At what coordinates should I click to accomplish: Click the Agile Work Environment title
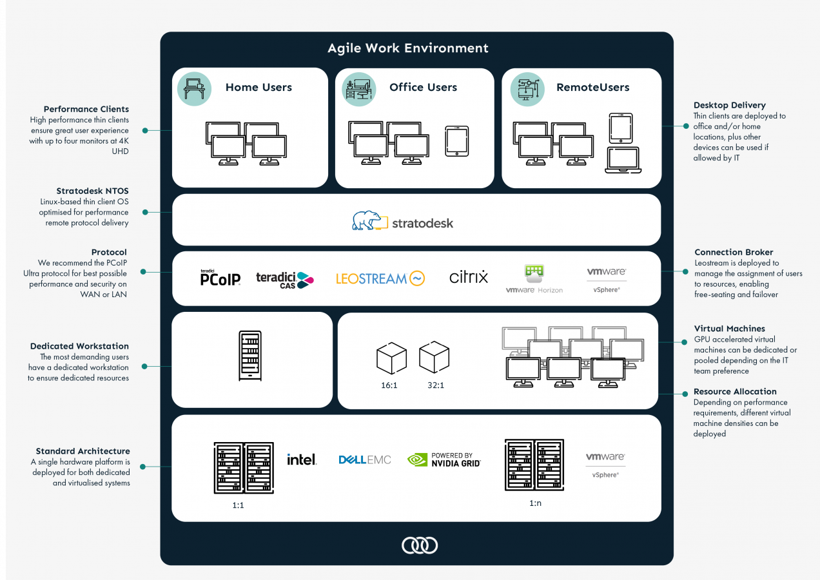[408, 48]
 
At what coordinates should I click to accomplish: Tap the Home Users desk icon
[194, 89]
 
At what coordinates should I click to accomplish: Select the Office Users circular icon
[358, 90]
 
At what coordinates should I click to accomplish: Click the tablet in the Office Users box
[457, 141]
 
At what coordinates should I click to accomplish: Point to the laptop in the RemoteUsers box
[623, 160]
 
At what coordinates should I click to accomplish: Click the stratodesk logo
[403, 220]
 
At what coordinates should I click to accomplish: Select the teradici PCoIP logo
[220, 278]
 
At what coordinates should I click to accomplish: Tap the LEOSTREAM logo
[380, 278]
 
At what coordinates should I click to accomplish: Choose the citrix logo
[469, 277]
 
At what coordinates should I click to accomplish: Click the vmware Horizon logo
[534, 279]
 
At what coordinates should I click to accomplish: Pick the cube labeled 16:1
[391, 358]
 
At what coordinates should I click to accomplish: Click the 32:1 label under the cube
[436, 385]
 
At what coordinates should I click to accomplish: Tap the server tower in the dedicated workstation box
[250, 356]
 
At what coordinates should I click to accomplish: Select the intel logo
[302, 459]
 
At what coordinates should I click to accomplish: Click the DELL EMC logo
[365, 460]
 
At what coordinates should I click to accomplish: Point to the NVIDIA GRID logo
[444, 459]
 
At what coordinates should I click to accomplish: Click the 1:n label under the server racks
[535, 503]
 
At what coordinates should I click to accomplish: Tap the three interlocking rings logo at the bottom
[420, 546]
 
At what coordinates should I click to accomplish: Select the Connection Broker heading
[734, 252]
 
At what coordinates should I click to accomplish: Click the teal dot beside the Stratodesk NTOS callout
[145, 212]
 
